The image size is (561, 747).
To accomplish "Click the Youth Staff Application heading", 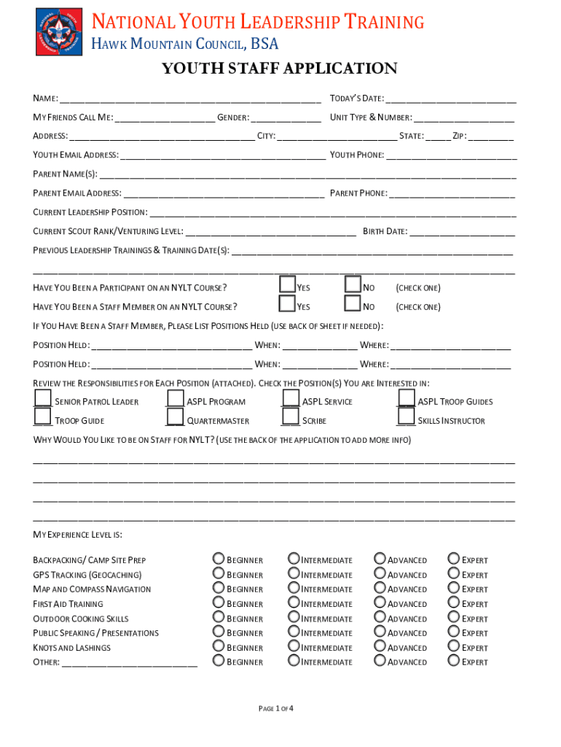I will pyautogui.click(x=279, y=69).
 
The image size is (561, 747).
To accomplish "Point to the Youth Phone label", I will pyautogui.click(x=356, y=155).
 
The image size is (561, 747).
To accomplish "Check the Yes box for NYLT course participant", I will pyautogui.click(x=287, y=285).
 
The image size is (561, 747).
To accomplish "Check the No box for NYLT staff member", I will pyautogui.click(x=353, y=303).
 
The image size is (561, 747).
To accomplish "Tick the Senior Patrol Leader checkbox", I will pyautogui.click(x=43, y=398).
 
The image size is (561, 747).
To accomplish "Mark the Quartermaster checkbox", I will pyautogui.click(x=175, y=417).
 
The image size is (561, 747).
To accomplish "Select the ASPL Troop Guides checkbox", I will pyautogui.click(x=406, y=398).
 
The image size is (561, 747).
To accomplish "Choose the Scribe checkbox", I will pyautogui.click(x=291, y=417).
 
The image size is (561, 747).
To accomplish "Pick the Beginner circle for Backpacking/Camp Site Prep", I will pyautogui.click(x=219, y=558).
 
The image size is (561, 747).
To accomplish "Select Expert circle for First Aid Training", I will pyautogui.click(x=454, y=602).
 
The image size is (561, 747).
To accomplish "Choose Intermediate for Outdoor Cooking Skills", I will pyautogui.click(x=294, y=616).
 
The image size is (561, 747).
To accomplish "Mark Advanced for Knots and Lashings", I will pyautogui.click(x=380, y=646).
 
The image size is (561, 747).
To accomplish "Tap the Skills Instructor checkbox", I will pyautogui.click(x=406, y=417).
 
